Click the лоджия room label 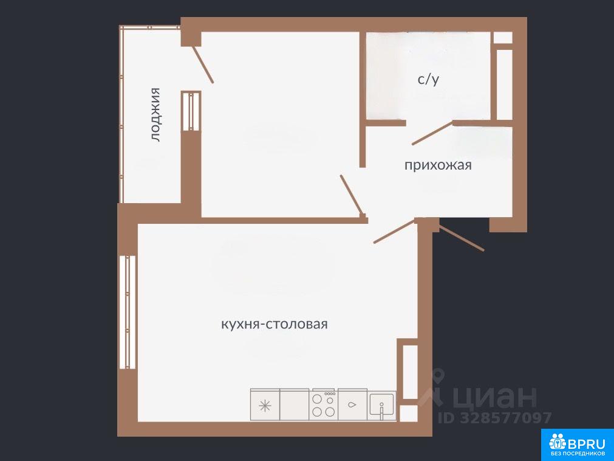(x=156, y=114)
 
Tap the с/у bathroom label (x=428, y=80)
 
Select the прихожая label (x=438, y=165)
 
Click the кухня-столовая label (x=274, y=325)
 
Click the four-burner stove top (x=324, y=405)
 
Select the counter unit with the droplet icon (x=352, y=405)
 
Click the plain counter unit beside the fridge (x=295, y=405)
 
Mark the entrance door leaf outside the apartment (x=462, y=238)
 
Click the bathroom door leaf (x=432, y=133)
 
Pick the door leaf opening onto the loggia (x=202, y=64)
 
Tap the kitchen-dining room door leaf (x=394, y=232)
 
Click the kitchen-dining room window (x=128, y=312)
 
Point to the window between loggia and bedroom (x=191, y=111)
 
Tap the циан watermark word (x=496, y=397)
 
